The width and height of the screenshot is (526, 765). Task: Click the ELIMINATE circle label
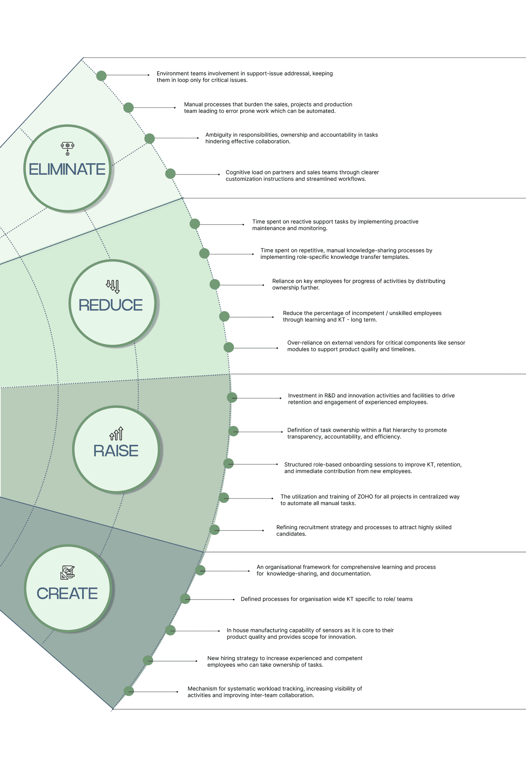click(67, 169)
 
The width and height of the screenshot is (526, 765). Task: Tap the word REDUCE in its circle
click(111, 305)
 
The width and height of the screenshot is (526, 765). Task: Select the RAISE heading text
click(116, 451)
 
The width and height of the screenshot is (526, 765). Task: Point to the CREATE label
click(67, 594)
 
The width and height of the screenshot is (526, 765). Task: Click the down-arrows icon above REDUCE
click(113, 286)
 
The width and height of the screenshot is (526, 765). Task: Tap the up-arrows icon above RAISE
click(116, 434)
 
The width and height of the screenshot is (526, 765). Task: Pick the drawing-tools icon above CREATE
click(68, 572)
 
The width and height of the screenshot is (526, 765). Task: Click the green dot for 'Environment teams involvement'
click(101, 76)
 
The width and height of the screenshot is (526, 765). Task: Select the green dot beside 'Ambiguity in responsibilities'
click(149, 139)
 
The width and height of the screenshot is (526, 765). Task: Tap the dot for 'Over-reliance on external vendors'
click(229, 347)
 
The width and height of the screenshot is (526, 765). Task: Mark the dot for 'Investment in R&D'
click(232, 397)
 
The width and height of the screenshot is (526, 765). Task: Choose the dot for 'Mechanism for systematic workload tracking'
click(129, 691)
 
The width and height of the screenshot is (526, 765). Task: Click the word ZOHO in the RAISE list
click(365, 497)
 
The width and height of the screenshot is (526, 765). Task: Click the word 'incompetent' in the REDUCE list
click(368, 313)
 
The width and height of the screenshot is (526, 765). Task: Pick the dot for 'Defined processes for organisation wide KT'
click(185, 599)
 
